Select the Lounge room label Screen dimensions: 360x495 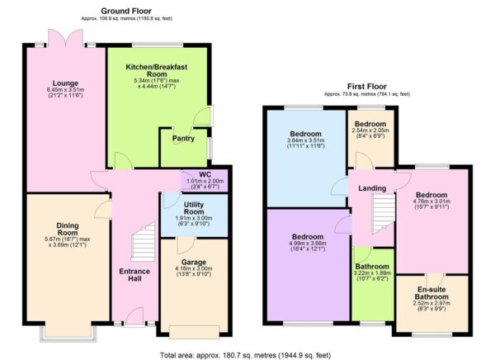click(64, 83)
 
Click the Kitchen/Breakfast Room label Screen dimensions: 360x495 click(153, 70)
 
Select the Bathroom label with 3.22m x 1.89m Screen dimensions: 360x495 click(374, 268)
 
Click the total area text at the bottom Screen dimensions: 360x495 click(247, 354)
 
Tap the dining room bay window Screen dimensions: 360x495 click(68, 334)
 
